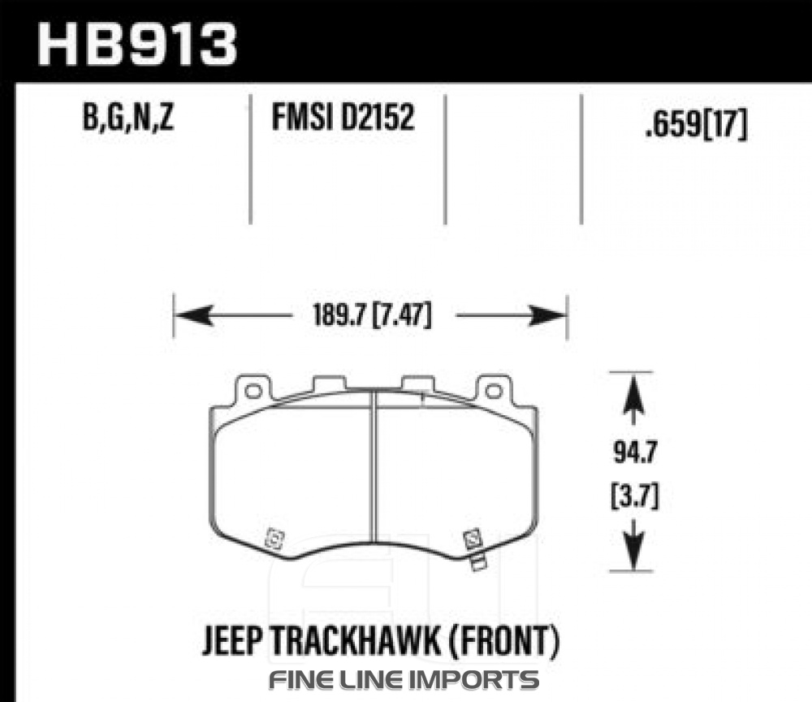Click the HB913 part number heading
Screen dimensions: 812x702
pyautogui.click(x=136, y=44)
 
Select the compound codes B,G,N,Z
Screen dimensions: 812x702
pyautogui.click(x=128, y=118)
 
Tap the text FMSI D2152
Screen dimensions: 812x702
pyautogui.click(x=343, y=117)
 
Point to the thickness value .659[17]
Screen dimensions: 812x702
pyautogui.click(x=697, y=123)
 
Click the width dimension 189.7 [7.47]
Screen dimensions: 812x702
pyautogui.click(x=372, y=315)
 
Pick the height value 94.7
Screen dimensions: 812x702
pyautogui.click(x=635, y=453)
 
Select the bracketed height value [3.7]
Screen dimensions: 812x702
pyautogui.click(x=635, y=496)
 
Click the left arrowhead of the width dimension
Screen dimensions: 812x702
pyautogui.click(x=193, y=315)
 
